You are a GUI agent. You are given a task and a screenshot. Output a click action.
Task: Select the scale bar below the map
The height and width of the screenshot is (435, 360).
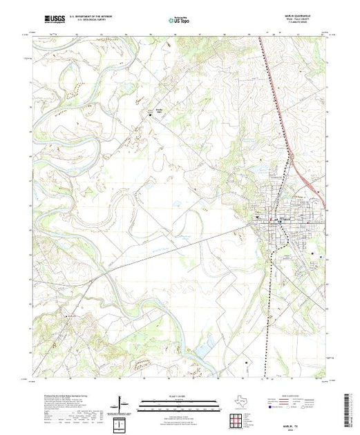(x=173, y=402)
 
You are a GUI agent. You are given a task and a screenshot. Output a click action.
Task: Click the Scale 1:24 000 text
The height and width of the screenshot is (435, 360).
(x=173, y=395)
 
